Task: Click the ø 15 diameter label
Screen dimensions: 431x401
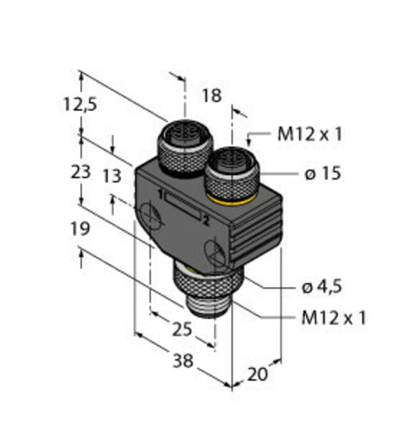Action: (323, 173)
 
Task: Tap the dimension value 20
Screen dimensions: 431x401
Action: (258, 373)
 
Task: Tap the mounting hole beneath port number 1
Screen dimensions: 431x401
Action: (153, 220)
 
